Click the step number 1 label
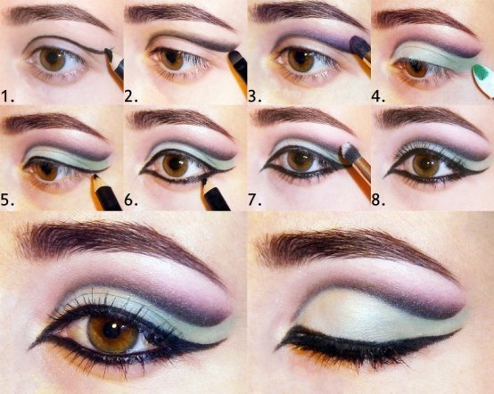[x=7, y=96]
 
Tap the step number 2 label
[x=131, y=96]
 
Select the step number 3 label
[x=254, y=96]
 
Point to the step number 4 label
[x=378, y=96]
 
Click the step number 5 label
[x=7, y=200]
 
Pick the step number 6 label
[x=131, y=200]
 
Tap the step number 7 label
[x=254, y=200]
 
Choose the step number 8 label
[x=378, y=200]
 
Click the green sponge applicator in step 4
[x=483, y=79]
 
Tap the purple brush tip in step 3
[x=360, y=45]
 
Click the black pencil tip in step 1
[x=109, y=53]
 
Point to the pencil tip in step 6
[x=204, y=182]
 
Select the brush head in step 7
[x=350, y=152]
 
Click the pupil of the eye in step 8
[x=425, y=164]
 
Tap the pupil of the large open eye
[x=111, y=331]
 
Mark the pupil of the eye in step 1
[x=53, y=59]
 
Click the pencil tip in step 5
[x=95, y=178]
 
